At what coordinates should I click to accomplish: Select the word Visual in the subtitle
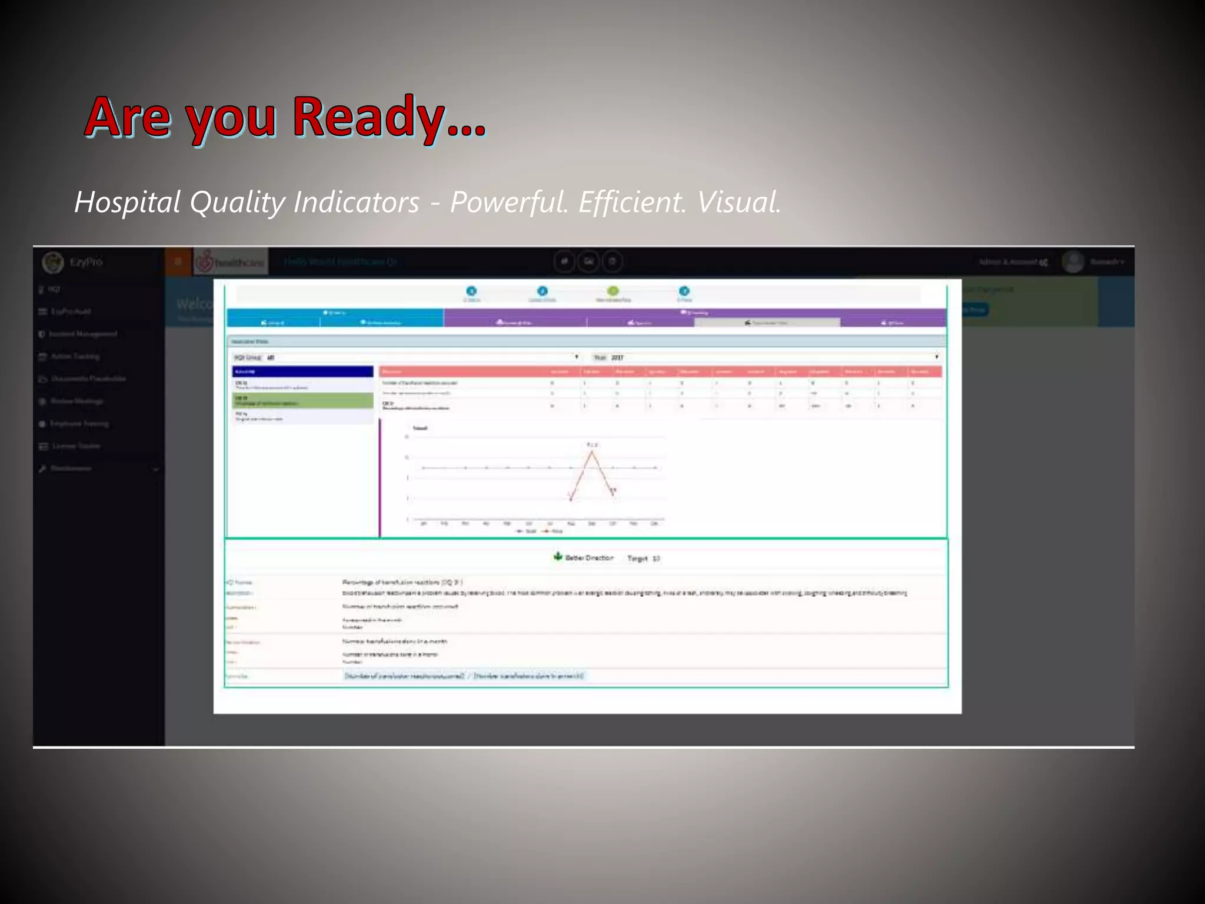739,202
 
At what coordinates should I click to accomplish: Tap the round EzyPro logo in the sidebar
53,262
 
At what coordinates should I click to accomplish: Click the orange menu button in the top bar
178,261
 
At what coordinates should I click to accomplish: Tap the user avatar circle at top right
1073,261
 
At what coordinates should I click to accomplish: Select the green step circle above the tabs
613,291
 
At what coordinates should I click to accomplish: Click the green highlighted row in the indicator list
302,401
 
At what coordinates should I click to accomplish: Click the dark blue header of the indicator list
302,371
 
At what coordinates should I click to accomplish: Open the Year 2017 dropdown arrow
936,357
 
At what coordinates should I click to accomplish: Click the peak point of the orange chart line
592,452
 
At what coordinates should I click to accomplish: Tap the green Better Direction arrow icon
558,556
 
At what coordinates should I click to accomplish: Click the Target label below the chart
637,558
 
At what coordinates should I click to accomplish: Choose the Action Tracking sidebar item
75,356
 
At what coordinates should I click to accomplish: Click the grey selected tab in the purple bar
767,323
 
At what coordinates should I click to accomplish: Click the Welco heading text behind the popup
194,304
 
